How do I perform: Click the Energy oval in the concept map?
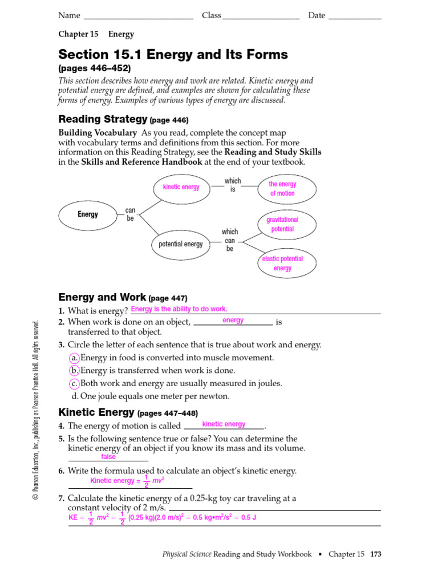pos(88,214)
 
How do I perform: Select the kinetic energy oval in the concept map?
pos(181,187)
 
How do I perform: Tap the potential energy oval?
pos(181,244)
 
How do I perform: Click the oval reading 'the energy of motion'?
pos(282,189)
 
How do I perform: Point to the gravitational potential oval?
pos(282,224)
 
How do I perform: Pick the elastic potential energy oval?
pos(282,263)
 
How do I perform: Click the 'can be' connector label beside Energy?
pos(131,214)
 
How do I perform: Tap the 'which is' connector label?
pos(233,185)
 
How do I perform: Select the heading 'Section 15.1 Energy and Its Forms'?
pos(173,55)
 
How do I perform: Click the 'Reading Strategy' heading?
pos(103,119)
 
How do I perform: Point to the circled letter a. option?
pos(74,358)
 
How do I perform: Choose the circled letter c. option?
pos(74,383)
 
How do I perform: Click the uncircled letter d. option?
pos(75,396)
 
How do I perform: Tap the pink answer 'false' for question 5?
pos(108,457)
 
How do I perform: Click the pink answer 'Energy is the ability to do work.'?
pos(179,309)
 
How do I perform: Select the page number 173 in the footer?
pos(375,554)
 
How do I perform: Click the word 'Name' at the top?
pos(69,15)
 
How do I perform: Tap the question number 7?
pos(61,498)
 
